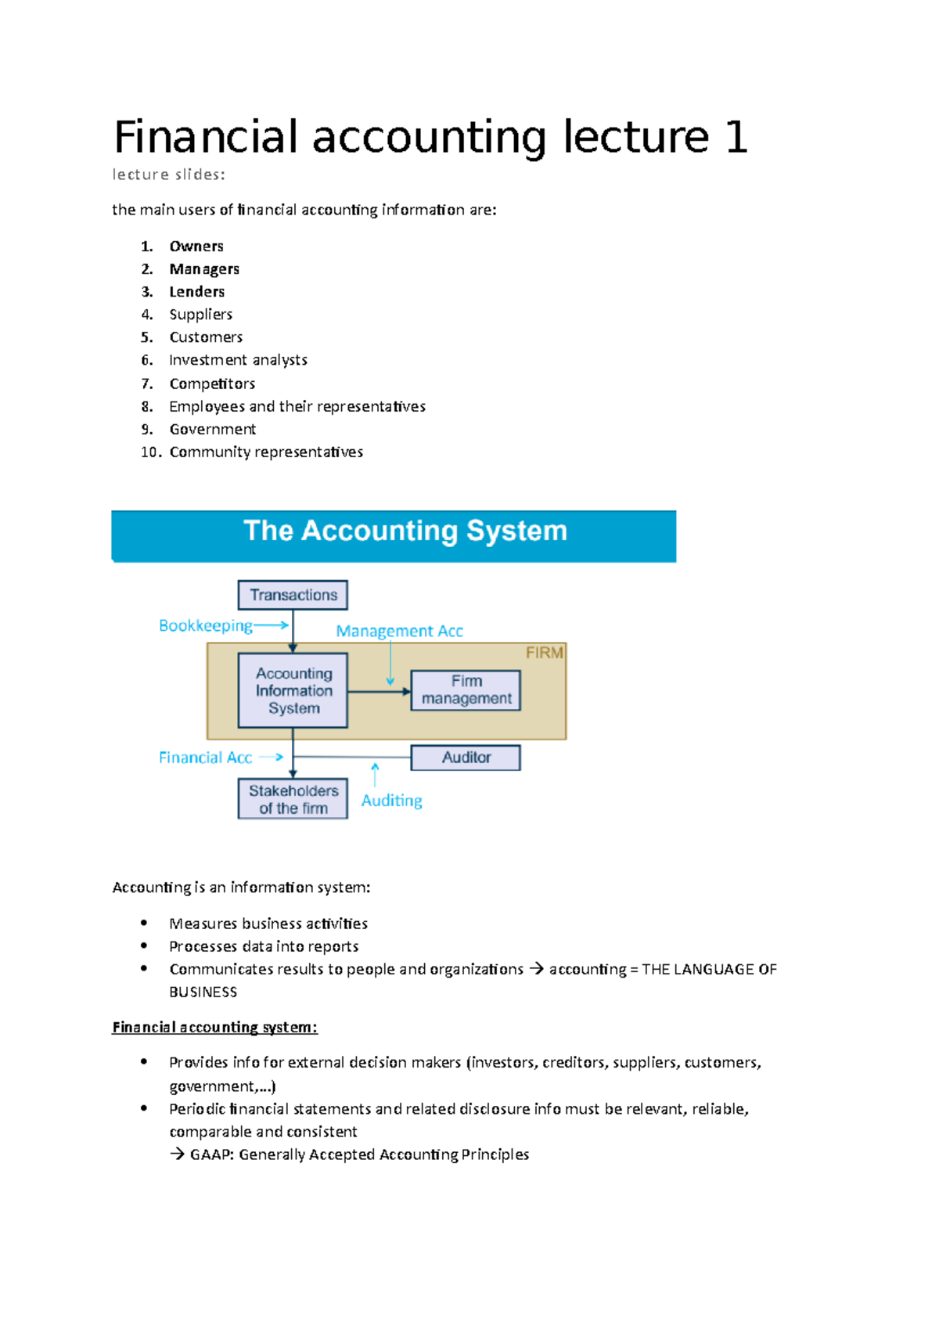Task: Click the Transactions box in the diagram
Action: click(x=293, y=595)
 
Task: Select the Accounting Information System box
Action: click(x=293, y=690)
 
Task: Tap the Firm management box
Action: click(x=466, y=690)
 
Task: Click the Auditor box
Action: click(x=466, y=758)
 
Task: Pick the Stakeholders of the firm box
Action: click(x=293, y=799)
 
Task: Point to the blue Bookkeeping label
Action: click(x=205, y=626)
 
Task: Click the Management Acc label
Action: click(x=399, y=631)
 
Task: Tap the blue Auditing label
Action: click(x=391, y=801)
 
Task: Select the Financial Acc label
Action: click(x=205, y=758)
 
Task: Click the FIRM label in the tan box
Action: click(x=544, y=653)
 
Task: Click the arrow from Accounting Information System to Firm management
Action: click(x=379, y=692)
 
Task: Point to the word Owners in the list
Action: click(x=196, y=247)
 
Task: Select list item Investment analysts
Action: click(x=238, y=360)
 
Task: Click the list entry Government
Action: click(x=212, y=430)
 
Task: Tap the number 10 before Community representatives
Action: click(x=150, y=452)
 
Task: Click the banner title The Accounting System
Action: click(x=405, y=531)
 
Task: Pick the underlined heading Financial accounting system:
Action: click(x=214, y=1028)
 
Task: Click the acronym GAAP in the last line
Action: click(x=211, y=1155)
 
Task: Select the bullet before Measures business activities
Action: click(x=144, y=924)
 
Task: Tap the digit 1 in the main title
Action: click(x=736, y=138)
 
